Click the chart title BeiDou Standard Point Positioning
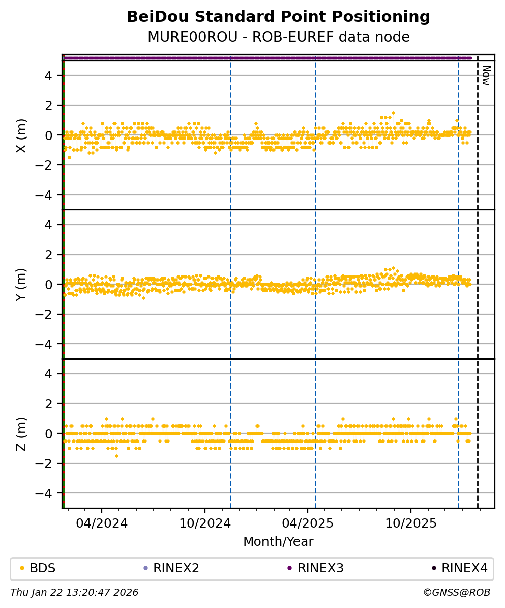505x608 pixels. tap(278, 17)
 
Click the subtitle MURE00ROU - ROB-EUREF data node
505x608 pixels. tap(278, 37)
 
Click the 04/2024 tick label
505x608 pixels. tap(101, 523)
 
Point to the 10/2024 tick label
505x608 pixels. tap(205, 523)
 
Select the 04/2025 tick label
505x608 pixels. tap(307, 523)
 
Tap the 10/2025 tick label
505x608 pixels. tap(410, 523)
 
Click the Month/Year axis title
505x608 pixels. tap(278, 542)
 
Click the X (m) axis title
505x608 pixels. tap(21, 135)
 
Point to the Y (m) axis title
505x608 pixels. tap(21, 284)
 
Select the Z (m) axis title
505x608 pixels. tap(21, 433)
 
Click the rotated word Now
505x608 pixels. tap(486, 75)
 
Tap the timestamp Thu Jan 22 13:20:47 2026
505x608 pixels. tap(74, 593)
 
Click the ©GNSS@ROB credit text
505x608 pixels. tap(456, 593)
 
